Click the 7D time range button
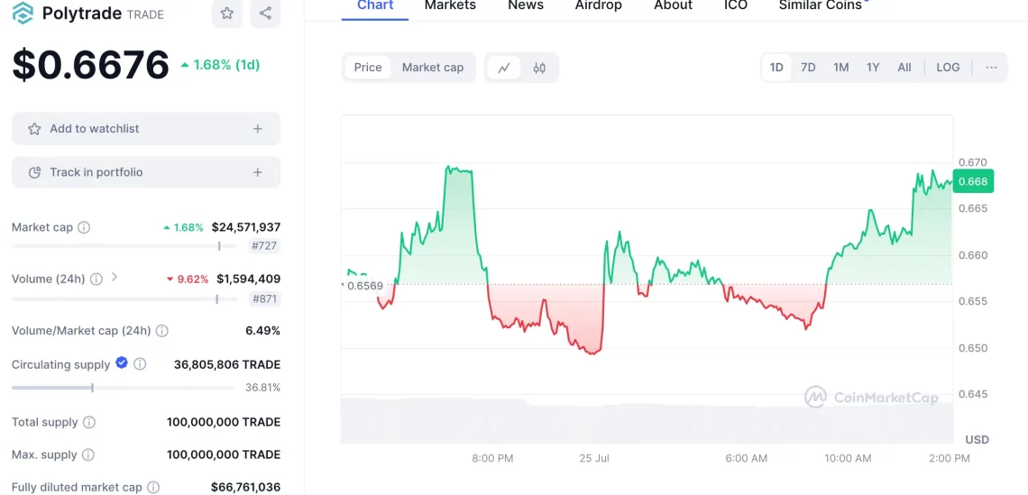point(808,68)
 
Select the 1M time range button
point(841,68)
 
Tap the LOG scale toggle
point(948,68)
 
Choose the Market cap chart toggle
point(433,68)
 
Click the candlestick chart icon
point(539,68)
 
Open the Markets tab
point(450,6)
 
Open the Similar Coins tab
point(821,6)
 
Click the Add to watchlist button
point(146,129)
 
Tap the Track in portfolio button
point(146,172)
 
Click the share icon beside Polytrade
point(265,14)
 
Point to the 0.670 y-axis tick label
point(973,162)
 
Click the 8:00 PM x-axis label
point(492,458)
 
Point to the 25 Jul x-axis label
point(594,458)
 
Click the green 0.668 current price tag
point(973,181)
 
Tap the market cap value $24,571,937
point(246,227)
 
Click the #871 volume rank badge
point(265,299)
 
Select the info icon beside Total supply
point(89,422)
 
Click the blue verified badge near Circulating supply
point(122,362)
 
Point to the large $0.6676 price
point(90,65)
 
